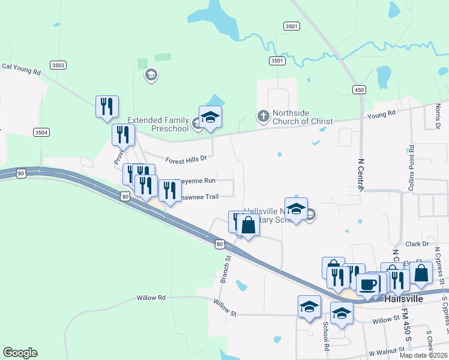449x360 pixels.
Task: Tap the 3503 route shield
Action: pyautogui.click(x=59, y=65)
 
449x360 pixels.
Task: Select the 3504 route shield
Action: pyautogui.click(x=41, y=132)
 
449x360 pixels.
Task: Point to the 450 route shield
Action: pyautogui.click(x=359, y=89)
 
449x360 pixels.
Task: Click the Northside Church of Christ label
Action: pyautogui.click(x=302, y=117)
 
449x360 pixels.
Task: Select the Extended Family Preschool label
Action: pyautogui.click(x=159, y=124)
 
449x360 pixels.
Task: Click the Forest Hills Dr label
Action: pyautogui.click(x=186, y=159)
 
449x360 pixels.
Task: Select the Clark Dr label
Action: pyautogui.click(x=417, y=244)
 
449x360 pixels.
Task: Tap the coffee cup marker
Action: pyautogui.click(x=367, y=284)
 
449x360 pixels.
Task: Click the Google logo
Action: pyautogui.click(x=20, y=353)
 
